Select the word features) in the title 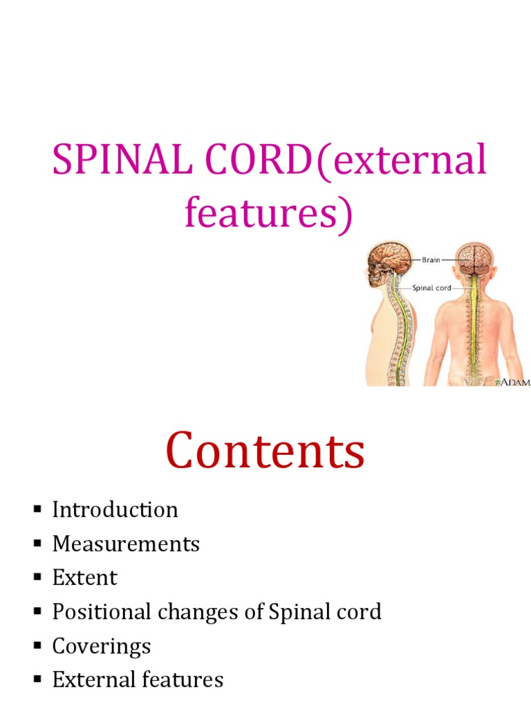tap(268, 214)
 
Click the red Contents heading tap(265, 451)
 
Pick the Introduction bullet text tap(115, 510)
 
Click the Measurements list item tap(126, 544)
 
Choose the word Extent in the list tap(84, 577)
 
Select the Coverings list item tap(101, 646)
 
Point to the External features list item tap(138, 680)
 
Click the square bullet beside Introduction tap(37, 510)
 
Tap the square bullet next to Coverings tap(37, 647)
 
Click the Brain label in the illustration tap(430, 260)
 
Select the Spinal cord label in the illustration tap(432, 288)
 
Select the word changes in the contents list tap(225, 612)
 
